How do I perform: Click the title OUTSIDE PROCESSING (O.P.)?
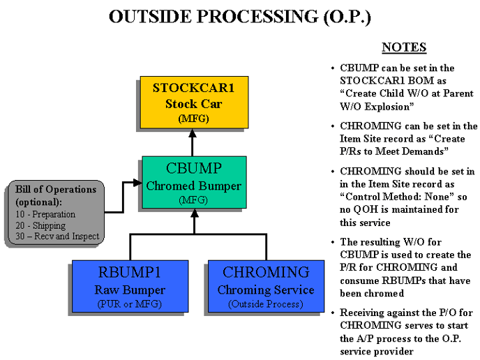239,17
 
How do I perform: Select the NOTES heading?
403,47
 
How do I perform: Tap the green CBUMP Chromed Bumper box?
193,183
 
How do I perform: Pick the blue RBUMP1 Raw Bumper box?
130,285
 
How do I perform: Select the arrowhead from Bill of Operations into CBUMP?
137,184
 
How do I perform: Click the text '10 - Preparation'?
46,214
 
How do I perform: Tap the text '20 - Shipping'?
40,225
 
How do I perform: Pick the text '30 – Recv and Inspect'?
57,237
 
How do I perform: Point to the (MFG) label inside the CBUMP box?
193,200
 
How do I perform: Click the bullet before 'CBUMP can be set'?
332,68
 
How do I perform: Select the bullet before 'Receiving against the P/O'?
332,312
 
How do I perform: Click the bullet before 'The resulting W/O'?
332,242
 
